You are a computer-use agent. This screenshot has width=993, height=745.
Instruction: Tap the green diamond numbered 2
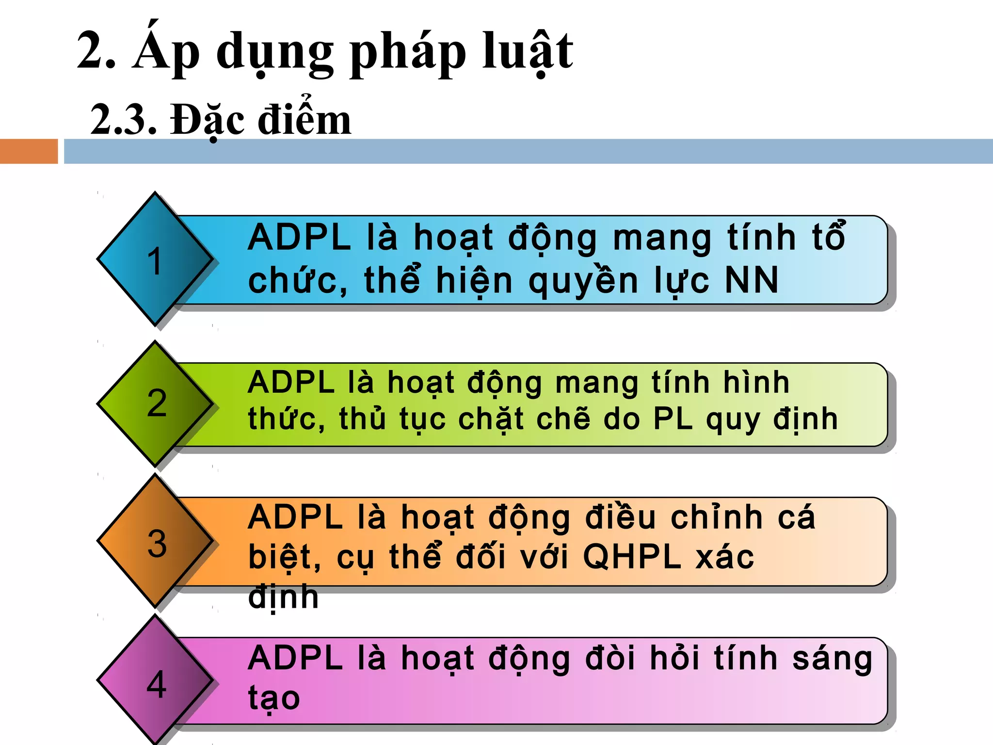(x=155, y=403)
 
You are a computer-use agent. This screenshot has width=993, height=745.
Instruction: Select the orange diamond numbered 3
(x=155, y=541)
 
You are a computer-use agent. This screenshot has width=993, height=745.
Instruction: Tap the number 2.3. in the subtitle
(x=124, y=120)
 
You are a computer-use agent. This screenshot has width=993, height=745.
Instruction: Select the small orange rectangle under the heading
(x=29, y=151)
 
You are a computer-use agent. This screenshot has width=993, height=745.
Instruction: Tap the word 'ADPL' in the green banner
(x=291, y=383)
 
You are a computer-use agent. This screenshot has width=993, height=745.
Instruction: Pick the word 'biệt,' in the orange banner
(x=284, y=557)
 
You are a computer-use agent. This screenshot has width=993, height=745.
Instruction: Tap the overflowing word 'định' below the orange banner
(x=283, y=598)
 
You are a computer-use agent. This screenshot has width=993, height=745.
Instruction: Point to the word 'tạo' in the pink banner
(x=274, y=698)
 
